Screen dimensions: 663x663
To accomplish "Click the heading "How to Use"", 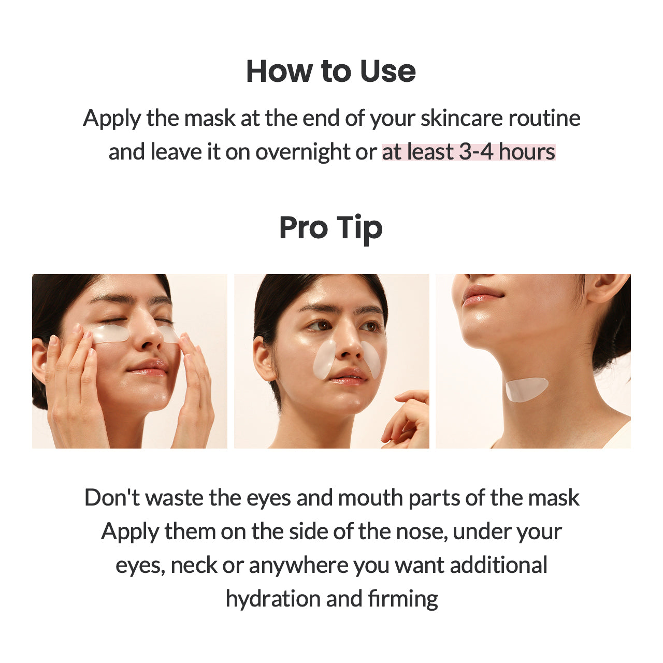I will point(331,71).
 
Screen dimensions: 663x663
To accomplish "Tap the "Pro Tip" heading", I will point(331,228).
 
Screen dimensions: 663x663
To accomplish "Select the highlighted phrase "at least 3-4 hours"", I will point(468,152).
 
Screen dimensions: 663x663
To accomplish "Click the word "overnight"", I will point(303,152).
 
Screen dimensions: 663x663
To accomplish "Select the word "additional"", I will point(498,565).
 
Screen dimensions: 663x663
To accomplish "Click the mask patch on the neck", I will point(525,389).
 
